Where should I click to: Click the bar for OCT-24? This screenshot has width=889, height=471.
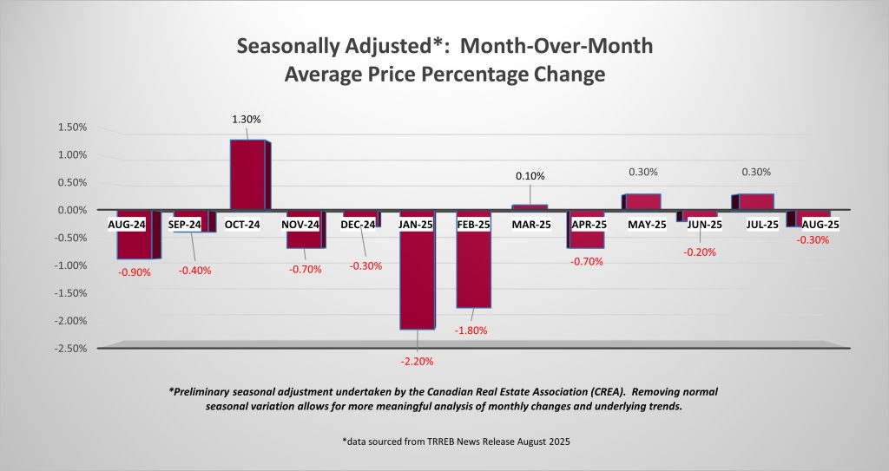247,174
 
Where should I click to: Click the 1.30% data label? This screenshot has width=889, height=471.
246,119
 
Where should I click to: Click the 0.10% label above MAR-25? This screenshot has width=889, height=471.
530,176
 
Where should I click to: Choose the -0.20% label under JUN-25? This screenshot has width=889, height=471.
700,253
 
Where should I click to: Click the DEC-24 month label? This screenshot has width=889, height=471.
359,225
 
